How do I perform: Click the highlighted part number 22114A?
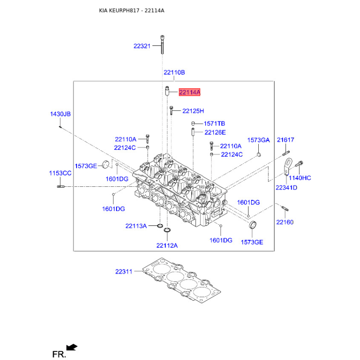(x=189, y=92)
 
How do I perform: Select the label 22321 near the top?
(x=142, y=46)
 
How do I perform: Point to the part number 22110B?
(x=174, y=72)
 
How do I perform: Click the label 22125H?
(x=193, y=111)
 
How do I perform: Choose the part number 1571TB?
(x=214, y=124)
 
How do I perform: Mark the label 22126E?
(x=215, y=132)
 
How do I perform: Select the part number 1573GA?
(x=258, y=140)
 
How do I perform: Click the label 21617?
(x=285, y=140)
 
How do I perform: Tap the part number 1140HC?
(x=300, y=178)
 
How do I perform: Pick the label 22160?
(x=285, y=222)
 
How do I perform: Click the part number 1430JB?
(x=60, y=114)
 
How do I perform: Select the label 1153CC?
(x=60, y=173)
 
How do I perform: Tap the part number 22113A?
(x=136, y=226)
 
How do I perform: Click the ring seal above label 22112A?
(x=167, y=231)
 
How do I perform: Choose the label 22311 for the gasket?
(x=123, y=272)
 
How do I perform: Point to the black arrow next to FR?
(x=72, y=347)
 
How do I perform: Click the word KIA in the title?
(x=103, y=10)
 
